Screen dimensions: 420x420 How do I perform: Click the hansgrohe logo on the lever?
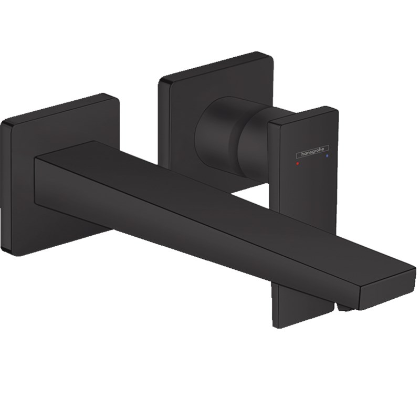pyautogui.click(x=312, y=152)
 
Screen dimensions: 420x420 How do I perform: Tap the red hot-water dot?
pyautogui.click(x=298, y=163)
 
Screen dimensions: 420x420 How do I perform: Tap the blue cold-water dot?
pyautogui.click(x=327, y=155)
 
